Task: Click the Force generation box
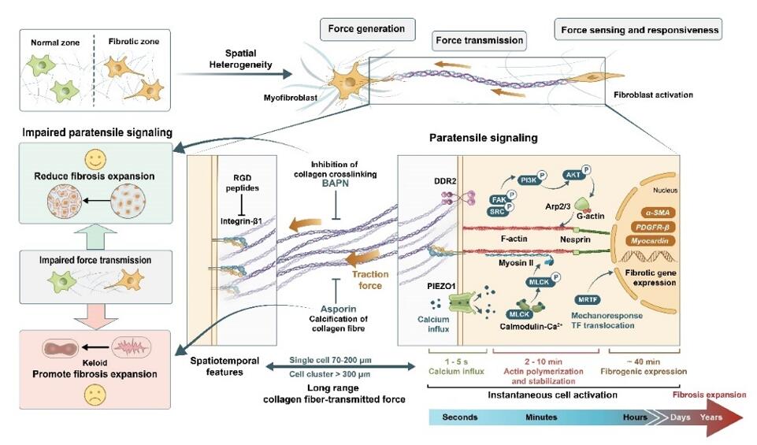(366, 29)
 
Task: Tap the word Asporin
(340, 310)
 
